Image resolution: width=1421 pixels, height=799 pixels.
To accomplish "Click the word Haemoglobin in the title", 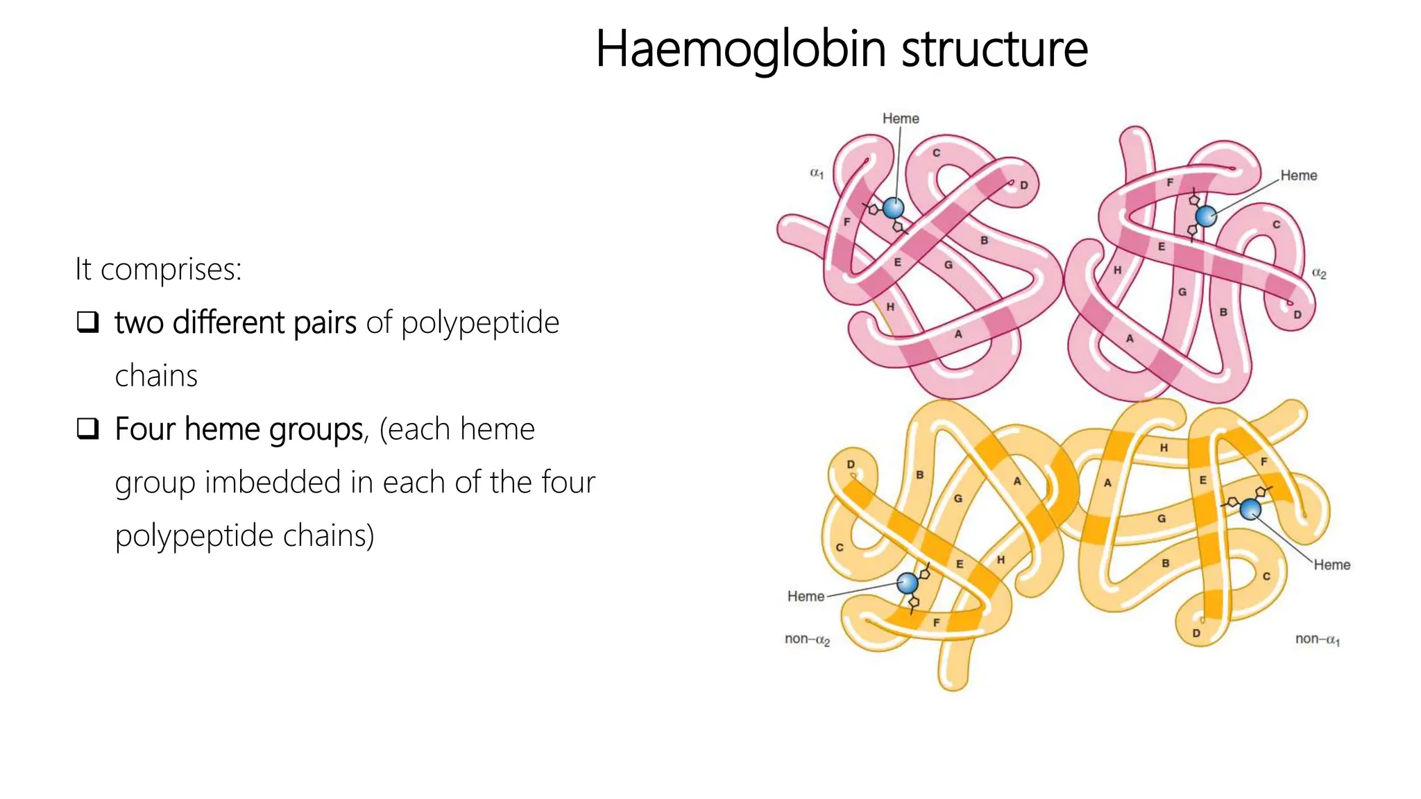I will tap(740, 49).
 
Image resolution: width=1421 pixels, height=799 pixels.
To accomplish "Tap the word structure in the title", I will tap(994, 49).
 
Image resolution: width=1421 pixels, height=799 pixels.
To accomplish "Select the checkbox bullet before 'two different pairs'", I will tap(87, 322).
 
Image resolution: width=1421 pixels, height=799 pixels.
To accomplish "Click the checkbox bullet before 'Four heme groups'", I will tap(87, 429).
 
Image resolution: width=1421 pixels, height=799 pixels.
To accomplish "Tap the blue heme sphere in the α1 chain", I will tap(893, 207).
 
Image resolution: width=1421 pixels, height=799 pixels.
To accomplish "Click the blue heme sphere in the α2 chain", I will tap(1206, 216).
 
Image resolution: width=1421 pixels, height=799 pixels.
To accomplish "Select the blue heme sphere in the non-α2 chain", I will tap(907, 583).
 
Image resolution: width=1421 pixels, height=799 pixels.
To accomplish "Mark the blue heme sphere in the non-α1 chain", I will tap(1250, 510).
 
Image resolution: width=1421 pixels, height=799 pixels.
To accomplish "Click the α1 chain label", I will tap(817, 173).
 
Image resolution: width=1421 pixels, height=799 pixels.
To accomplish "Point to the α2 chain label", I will tap(1319, 274).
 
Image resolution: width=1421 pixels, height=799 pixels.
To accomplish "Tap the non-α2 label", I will tap(807, 639).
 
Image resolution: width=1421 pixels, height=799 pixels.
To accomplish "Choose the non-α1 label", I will tap(1317, 639).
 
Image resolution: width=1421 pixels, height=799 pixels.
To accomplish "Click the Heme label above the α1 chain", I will tap(901, 119).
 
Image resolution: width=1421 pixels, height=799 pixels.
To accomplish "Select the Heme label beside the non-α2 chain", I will tap(806, 596).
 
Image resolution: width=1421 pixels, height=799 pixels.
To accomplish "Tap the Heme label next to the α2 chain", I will tap(1298, 175).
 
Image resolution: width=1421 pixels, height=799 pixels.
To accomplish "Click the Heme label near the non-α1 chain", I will tap(1331, 565).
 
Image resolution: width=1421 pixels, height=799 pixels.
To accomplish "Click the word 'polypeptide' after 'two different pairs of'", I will tap(479, 323).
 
